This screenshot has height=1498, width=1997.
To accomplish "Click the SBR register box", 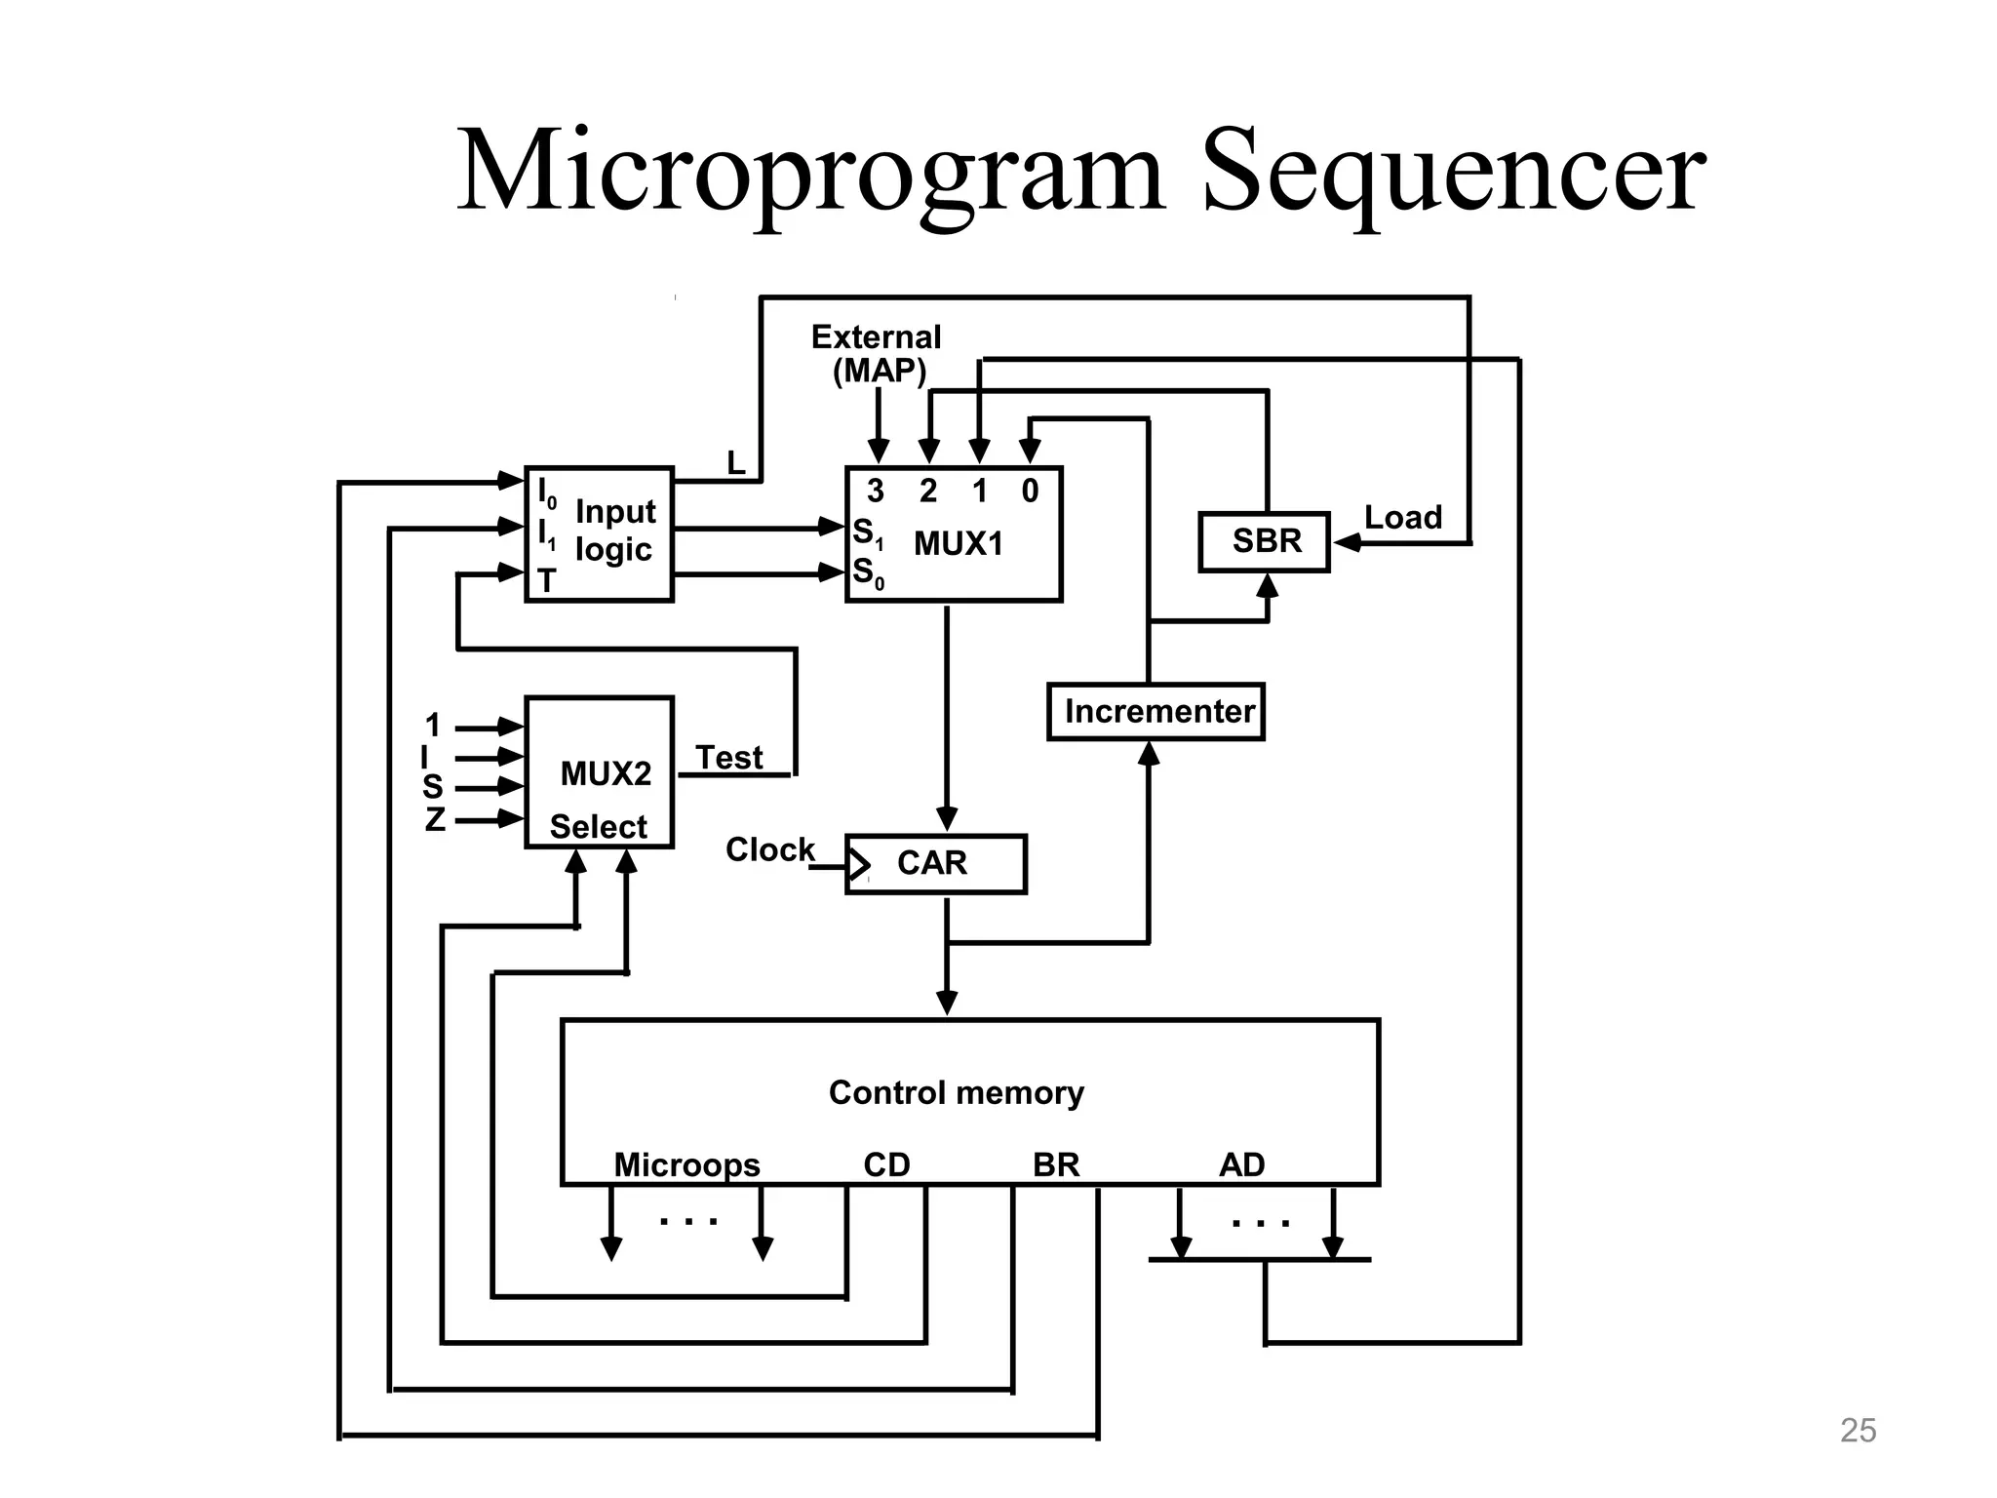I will tap(1264, 541).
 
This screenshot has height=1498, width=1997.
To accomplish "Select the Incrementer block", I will tap(1156, 712).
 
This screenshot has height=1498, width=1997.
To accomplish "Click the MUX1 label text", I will tap(958, 544).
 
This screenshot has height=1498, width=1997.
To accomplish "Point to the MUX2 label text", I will tap(606, 774).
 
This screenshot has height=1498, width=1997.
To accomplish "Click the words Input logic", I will tap(614, 531).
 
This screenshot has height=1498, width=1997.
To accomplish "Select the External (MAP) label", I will tap(877, 354).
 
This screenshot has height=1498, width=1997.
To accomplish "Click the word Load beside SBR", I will tap(1402, 518).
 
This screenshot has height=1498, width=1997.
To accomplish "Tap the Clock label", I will tap(769, 849).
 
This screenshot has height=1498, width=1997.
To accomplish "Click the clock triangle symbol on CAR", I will tap(858, 864).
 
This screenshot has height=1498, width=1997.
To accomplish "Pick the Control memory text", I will tap(956, 1092).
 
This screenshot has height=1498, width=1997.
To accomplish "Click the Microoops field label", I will tap(686, 1164).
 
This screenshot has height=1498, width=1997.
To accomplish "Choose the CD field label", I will tap(886, 1164).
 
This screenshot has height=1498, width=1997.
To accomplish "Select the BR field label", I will tap(1056, 1164).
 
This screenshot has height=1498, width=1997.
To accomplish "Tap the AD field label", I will tap(1241, 1164).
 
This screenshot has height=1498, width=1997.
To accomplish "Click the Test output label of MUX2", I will tap(728, 758).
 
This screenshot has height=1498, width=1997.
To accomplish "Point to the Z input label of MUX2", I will tap(435, 819).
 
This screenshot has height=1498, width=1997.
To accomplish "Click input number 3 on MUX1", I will tap(876, 492).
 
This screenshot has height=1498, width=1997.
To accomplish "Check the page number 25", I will tap(1858, 1430).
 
